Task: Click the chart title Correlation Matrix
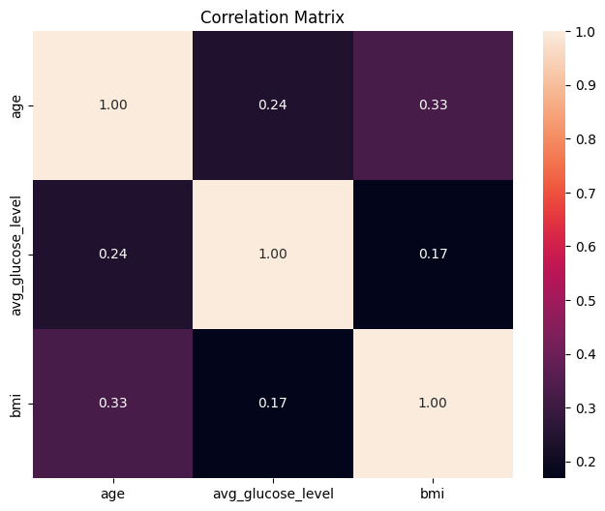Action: [272, 16]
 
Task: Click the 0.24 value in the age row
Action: [272, 105]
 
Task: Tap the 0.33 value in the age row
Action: [433, 105]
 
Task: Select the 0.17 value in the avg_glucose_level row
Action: [433, 255]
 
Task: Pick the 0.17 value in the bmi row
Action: [272, 404]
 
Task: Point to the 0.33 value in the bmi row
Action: [112, 404]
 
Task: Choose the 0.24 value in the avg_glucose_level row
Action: [112, 255]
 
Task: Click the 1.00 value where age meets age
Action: [112, 105]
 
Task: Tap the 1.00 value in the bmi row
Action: [433, 404]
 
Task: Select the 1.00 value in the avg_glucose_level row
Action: [272, 255]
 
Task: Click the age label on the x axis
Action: [112, 493]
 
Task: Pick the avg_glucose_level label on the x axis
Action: [272, 493]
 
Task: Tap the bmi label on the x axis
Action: [433, 493]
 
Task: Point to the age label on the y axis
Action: [15, 105]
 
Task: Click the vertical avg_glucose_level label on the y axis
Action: [15, 255]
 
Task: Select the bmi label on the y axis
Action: [15, 404]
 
